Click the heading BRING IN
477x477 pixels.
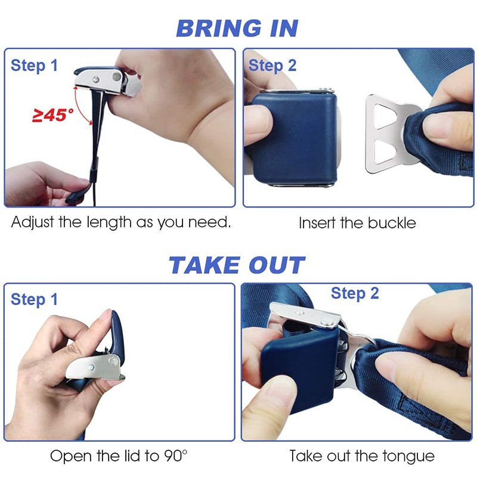click(x=237, y=28)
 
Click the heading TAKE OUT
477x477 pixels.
click(x=237, y=265)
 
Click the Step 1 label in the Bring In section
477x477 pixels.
click(x=35, y=66)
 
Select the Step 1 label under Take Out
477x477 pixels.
click(x=35, y=300)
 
